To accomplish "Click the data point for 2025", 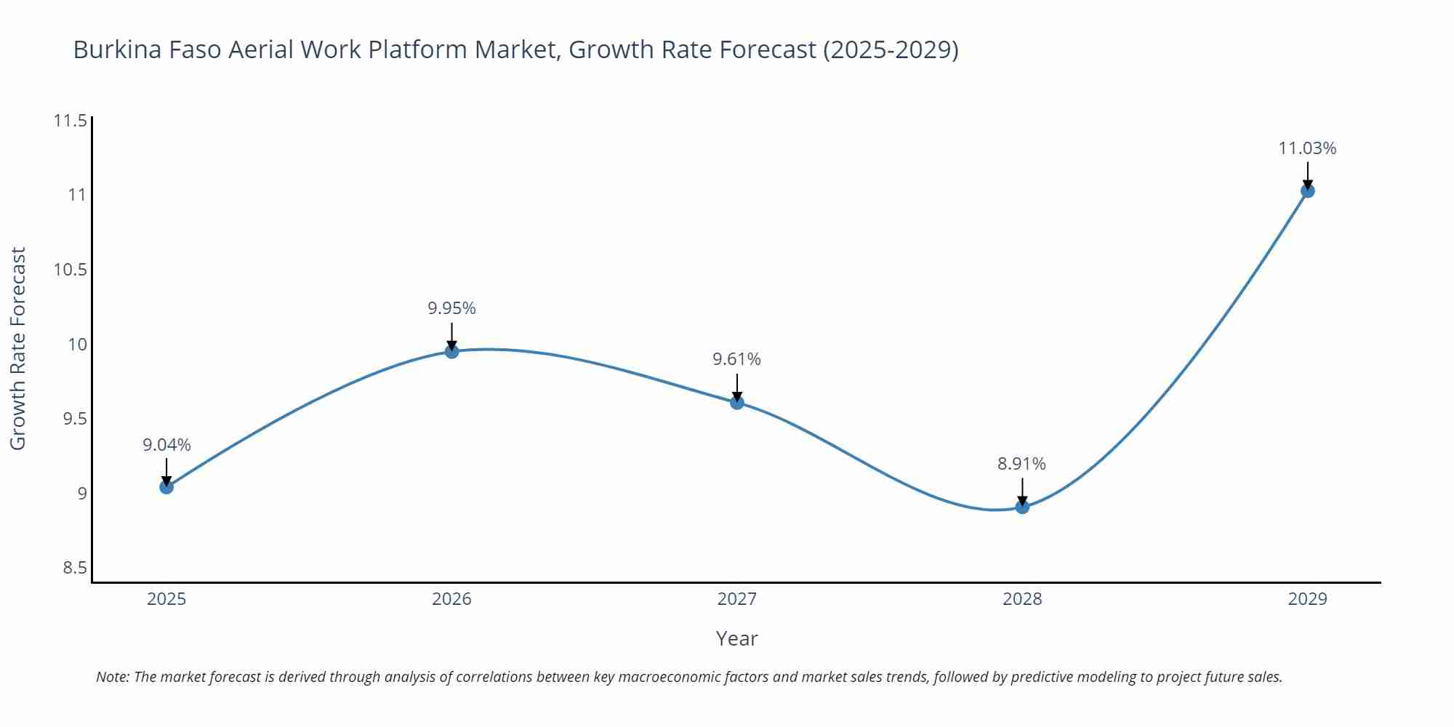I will coord(166,487).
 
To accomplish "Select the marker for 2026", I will coord(451,351).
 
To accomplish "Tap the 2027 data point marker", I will coord(737,402).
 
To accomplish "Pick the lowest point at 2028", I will coord(1022,507).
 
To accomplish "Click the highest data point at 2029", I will coord(1307,190).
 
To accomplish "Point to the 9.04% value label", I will coord(166,445).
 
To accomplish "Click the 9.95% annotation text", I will coord(451,308).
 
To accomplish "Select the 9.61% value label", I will coord(736,359).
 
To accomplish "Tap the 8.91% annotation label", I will coord(1021,464).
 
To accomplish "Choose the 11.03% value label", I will coord(1307,148).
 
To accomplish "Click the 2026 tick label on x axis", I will coord(451,599).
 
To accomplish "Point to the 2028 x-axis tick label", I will coord(1022,599).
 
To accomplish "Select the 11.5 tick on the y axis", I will coord(70,121).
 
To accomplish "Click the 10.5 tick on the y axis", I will coord(70,270).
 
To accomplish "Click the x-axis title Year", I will coord(736,638).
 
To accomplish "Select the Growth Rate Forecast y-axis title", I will coord(18,348).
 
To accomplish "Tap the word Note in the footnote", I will coord(111,677).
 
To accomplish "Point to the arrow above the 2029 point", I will coord(1307,174).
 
